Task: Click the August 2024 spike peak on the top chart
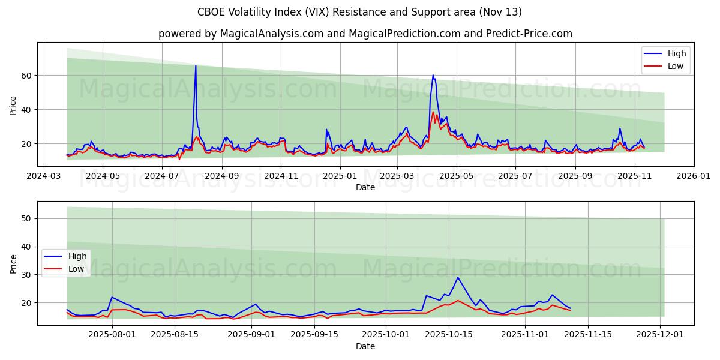click(196, 66)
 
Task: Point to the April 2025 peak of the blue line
click(433, 76)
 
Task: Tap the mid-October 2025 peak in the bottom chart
click(458, 277)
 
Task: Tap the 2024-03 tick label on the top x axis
click(44, 176)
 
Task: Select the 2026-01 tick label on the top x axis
click(694, 176)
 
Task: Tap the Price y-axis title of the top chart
click(13, 106)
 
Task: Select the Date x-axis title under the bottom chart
click(365, 346)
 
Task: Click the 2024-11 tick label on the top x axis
click(281, 176)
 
